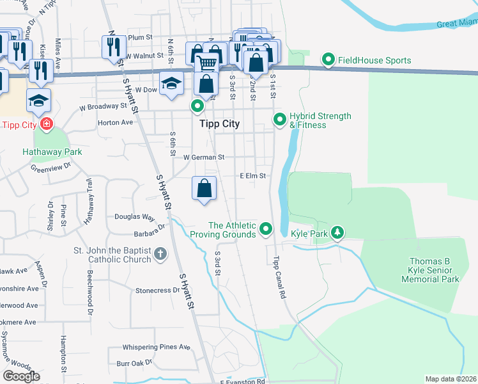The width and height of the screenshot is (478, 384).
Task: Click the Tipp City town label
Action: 219,124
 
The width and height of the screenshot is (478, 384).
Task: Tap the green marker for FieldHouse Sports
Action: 328,60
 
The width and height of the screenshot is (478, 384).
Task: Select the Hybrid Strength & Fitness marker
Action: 279,120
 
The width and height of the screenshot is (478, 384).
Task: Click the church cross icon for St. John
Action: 160,255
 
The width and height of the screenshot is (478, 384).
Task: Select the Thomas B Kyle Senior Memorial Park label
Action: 433,270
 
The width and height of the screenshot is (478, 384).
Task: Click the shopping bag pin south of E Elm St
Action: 204,189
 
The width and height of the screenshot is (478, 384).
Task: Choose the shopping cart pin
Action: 206,63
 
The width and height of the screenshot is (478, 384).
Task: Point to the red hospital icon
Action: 45,123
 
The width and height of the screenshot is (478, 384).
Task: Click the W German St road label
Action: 204,157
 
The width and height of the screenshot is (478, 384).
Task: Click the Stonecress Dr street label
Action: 158,291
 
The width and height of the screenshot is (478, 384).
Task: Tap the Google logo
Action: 21,376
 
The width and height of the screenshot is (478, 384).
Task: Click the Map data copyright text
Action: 451,379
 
